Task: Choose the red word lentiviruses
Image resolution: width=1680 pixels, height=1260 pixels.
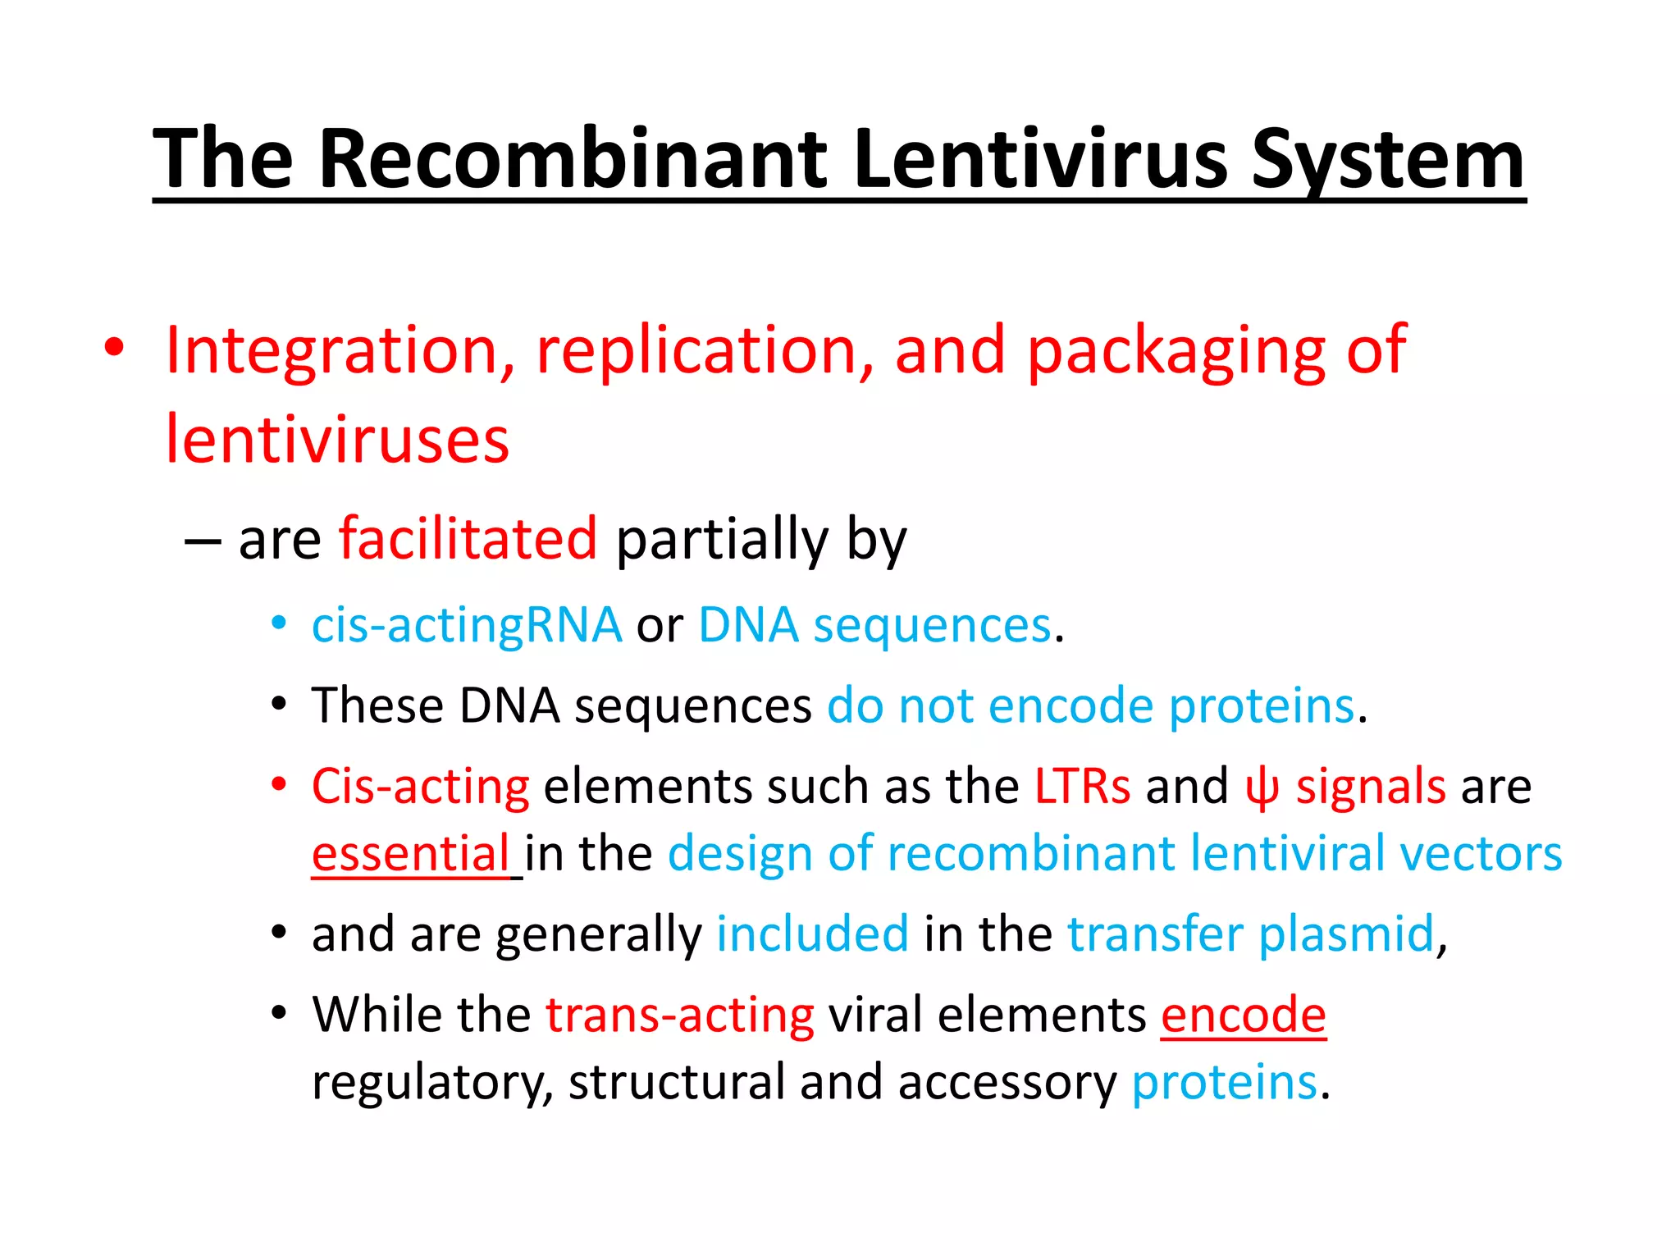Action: tap(337, 441)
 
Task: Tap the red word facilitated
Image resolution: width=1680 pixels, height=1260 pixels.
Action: tap(468, 539)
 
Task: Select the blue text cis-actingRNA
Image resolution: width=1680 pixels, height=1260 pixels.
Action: tap(466, 626)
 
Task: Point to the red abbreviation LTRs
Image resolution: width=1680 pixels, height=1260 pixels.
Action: tap(1082, 787)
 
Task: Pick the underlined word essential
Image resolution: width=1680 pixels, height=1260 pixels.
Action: tap(411, 854)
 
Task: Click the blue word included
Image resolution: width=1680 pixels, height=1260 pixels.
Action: tap(812, 934)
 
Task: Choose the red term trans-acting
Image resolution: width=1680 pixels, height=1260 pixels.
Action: tap(680, 1016)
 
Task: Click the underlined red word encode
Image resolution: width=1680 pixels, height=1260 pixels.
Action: tap(1243, 1016)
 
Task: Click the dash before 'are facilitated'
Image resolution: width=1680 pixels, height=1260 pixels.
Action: tap(203, 541)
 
